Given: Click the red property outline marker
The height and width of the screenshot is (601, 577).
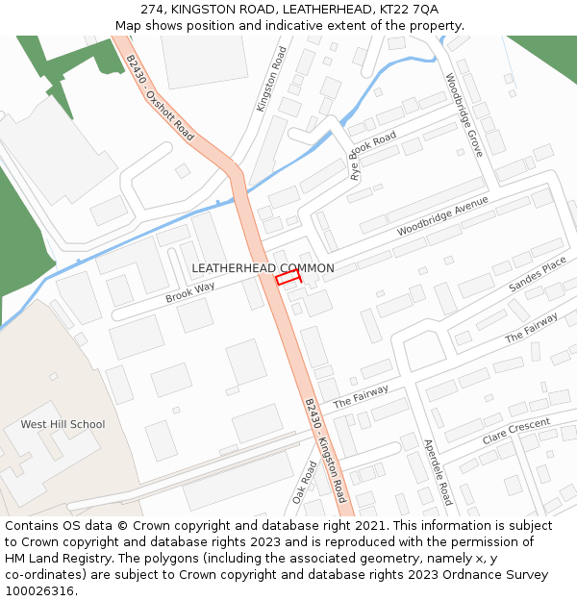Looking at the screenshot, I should pos(288,278).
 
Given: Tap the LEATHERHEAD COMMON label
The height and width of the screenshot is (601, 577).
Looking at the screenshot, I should pos(263,268).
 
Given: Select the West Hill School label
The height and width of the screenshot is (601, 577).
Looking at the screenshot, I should pos(63,424).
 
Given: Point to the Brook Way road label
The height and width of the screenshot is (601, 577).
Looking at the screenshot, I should pos(189,292).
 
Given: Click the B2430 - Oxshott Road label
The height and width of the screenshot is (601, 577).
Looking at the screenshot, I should pos(160,98).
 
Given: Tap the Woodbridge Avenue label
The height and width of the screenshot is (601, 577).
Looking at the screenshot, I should pos(442,217).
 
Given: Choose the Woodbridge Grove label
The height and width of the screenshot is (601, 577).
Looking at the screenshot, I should pos(464,116).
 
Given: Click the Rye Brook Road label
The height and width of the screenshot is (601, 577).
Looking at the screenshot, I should pos(373,157).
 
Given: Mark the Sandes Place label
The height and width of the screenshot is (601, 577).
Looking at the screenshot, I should pos(538,275).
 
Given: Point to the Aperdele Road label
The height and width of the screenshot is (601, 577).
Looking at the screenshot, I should pos(438,472).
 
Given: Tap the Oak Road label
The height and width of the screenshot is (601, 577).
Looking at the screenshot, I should pos(304,483).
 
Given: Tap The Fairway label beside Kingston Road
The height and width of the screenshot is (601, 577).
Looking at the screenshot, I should pos(361,396).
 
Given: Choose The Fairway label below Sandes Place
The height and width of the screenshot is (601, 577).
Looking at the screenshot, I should pos(531,328).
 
